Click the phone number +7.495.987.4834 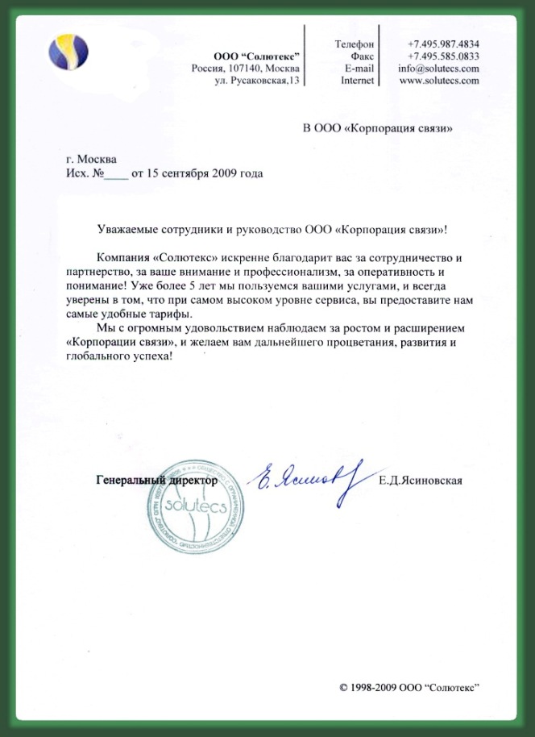click(x=443, y=43)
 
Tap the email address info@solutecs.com click(x=438, y=69)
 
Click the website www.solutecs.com click(x=439, y=81)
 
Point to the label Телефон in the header click(x=354, y=43)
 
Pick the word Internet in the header click(x=357, y=81)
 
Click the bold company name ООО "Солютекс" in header click(x=256, y=56)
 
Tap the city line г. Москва click(x=92, y=159)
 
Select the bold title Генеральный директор click(x=156, y=481)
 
